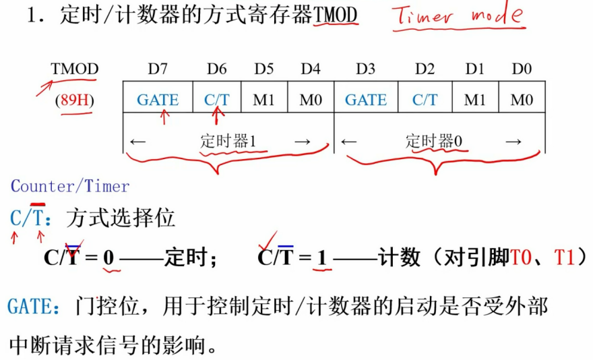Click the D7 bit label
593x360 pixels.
click(x=158, y=69)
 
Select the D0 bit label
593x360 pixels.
click(x=522, y=69)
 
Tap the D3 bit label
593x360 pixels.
click(x=366, y=69)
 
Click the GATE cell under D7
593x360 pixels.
click(x=158, y=100)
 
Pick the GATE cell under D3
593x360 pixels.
click(x=366, y=100)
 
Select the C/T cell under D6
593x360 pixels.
click(x=217, y=100)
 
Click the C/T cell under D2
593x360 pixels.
click(x=425, y=100)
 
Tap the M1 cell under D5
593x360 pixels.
click(x=264, y=100)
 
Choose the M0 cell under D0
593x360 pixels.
click(x=522, y=100)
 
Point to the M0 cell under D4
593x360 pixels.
click(x=311, y=100)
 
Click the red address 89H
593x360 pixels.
click(x=75, y=100)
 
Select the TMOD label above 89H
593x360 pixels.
click(x=75, y=69)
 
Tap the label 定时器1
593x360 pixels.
click(x=228, y=141)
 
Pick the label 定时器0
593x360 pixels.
click(x=434, y=141)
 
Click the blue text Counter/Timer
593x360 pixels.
click(x=70, y=187)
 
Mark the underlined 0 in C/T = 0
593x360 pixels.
click(x=108, y=258)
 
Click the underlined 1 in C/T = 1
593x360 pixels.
click(x=322, y=258)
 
